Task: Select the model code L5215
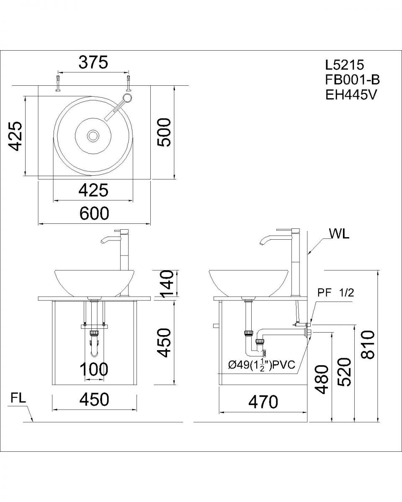pos(345,65)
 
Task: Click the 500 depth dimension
pos(164,132)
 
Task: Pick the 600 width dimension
pos(94,213)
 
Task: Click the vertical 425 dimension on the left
pos(16,136)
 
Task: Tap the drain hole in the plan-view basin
pos(93,135)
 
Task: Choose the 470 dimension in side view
pos(263,402)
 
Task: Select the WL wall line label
pos(339,233)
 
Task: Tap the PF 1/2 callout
pos(335,293)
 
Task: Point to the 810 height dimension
pos(368,344)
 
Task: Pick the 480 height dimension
pos(322,379)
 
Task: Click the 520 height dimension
pos(344,371)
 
